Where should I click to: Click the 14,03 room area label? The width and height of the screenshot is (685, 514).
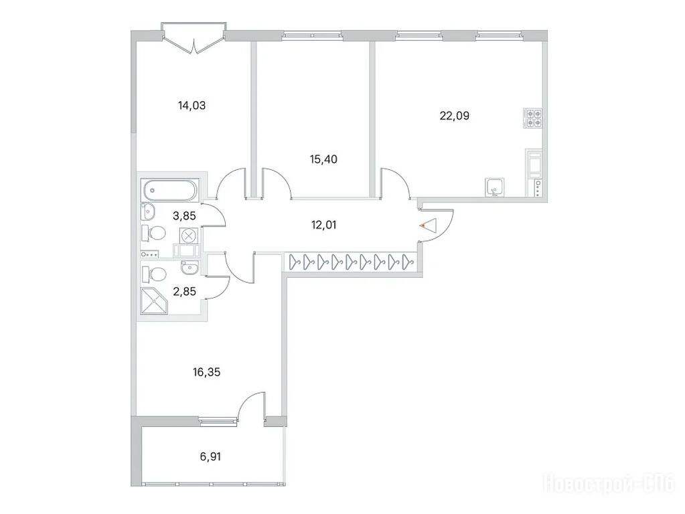pyautogui.click(x=192, y=105)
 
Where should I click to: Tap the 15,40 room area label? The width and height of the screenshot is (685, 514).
pyautogui.click(x=323, y=159)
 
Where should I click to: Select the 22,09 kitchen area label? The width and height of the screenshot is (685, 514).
pyautogui.click(x=455, y=116)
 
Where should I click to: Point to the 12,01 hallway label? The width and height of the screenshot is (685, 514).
pyautogui.click(x=323, y=226)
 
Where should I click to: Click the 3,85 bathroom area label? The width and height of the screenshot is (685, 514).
pyautogui.click(x=185, y=216)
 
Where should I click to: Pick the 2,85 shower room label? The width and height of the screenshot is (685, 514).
pyautogui.click(x=185, y=291)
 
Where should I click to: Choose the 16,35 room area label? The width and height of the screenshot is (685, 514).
pyautogui.click(x=206, y=372)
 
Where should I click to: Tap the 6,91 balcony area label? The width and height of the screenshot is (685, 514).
pyautogui.click(x=210, y=457)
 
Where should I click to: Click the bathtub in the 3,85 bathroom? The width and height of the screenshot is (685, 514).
pyautogui.click(x=170, y=190)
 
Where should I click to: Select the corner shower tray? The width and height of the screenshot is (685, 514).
pyautogui.click(x=154, y=301)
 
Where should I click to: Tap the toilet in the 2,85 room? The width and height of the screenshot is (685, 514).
pyautogui.click(x=154, y=274)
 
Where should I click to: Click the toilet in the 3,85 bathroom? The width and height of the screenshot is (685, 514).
pyautogui.click(x=153, y=233)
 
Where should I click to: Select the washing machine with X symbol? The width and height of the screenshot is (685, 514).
pyautogui.click(x=189, y=236)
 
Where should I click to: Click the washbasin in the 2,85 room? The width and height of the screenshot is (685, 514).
pyautogui.click(x=189, y=267)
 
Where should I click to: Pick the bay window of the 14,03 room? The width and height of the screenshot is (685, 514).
pyautogui.click(x=194, y=38)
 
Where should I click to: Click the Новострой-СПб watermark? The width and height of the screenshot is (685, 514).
pyautogui.click(x=609, y=483)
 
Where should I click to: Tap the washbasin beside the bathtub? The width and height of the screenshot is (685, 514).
pyautogui.click(x=148, y=211)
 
